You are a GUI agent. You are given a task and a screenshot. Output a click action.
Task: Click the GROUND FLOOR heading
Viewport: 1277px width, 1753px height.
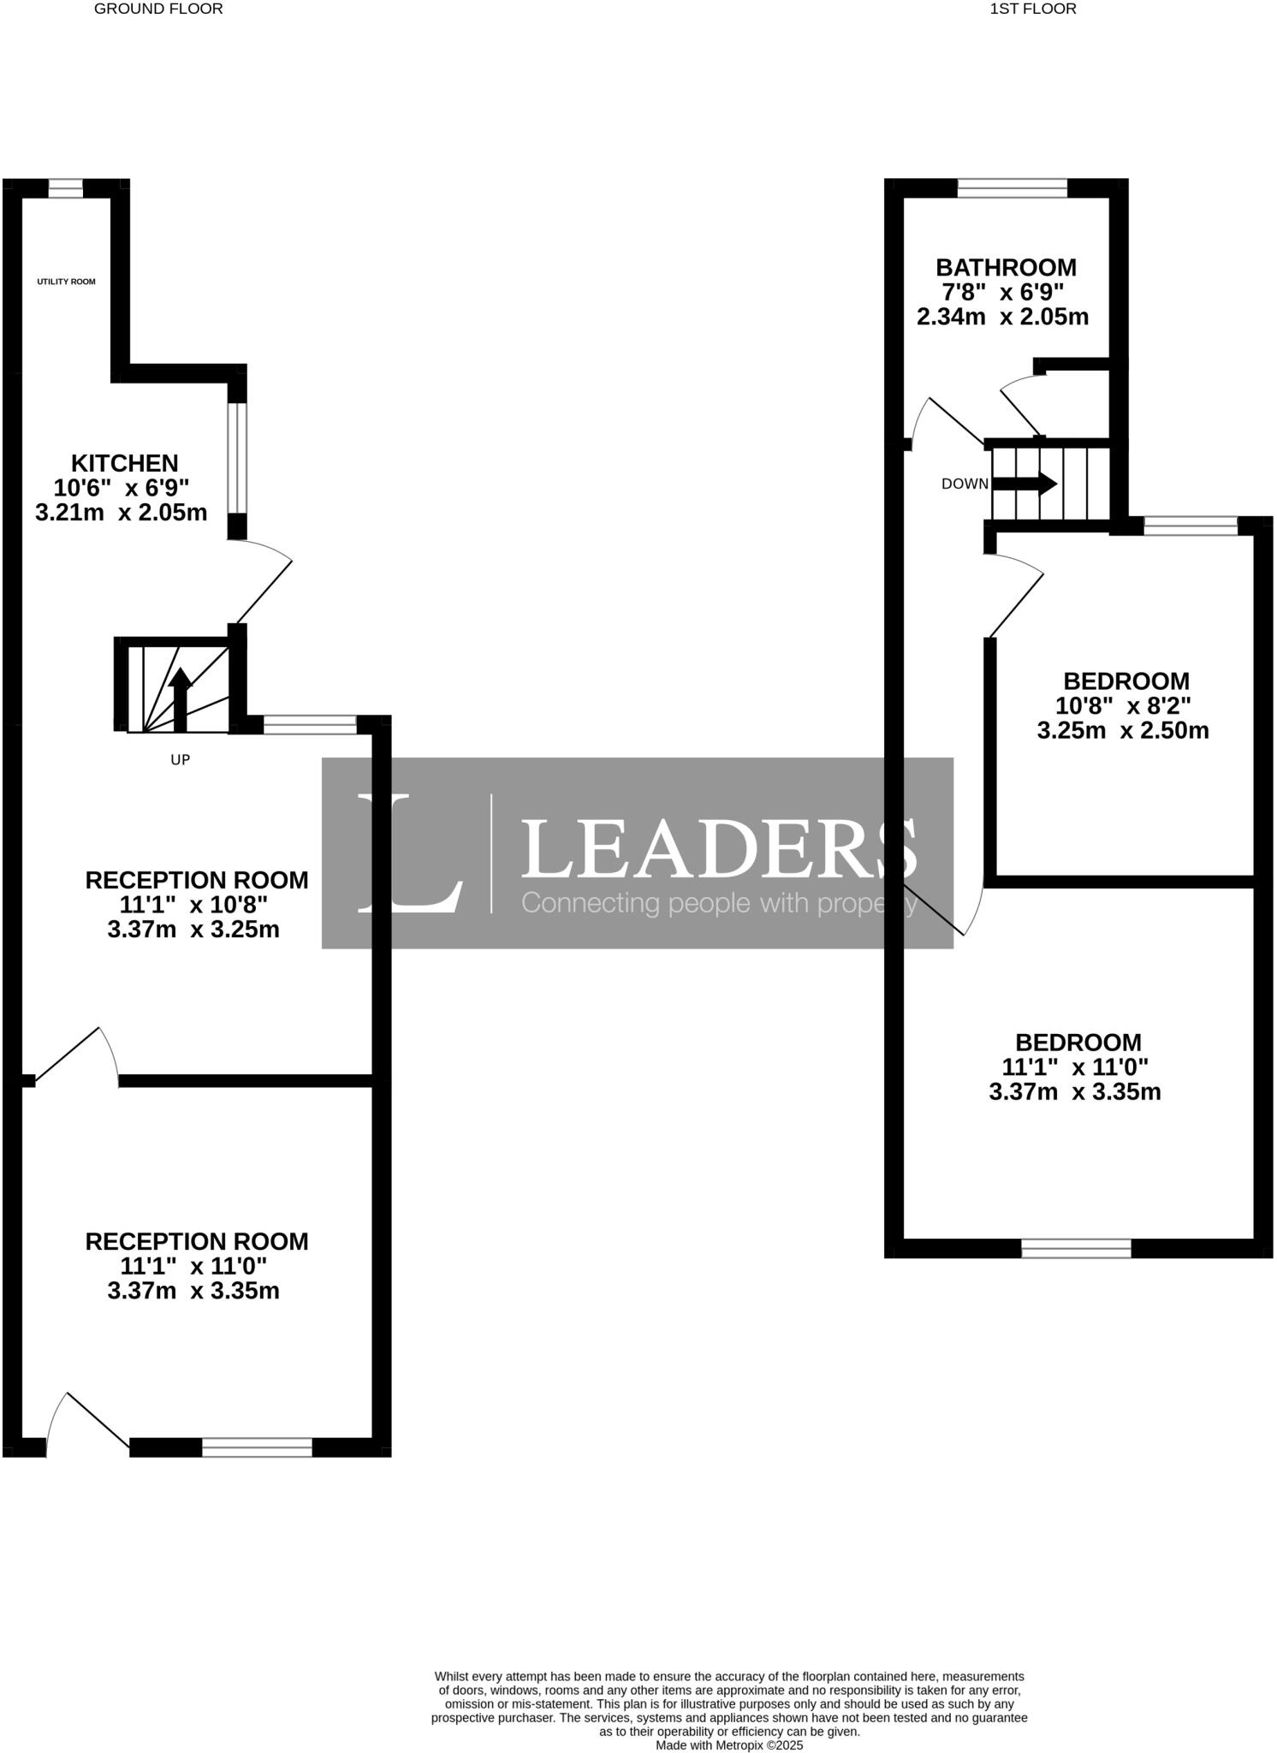[158, 9]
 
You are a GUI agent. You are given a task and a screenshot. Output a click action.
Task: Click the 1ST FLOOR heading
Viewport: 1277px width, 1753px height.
[1033, 9]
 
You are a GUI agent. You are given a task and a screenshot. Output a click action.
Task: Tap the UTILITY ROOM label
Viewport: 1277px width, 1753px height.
[66, 282]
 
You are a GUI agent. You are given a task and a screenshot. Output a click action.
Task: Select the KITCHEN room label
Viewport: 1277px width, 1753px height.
[124, 463]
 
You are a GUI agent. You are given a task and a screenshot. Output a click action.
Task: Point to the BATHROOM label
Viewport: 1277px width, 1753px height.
[1006, 267]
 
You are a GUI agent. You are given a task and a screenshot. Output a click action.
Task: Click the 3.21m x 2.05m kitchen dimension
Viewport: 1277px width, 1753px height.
[122, 513]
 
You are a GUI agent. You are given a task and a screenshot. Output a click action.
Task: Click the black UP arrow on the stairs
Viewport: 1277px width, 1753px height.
[181, 698]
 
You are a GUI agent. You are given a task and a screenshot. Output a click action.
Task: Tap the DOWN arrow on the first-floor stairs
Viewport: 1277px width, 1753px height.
[1025, 484]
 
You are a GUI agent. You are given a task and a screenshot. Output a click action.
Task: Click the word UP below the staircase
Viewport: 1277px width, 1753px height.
[181, 759]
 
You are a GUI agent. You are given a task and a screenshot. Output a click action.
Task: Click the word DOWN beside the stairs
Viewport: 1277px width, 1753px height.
[965, 484]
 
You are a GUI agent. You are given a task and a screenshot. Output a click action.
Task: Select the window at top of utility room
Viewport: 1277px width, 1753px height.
[66, 188]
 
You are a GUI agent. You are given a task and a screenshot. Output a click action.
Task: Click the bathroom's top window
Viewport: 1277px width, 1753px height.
[1013, 187]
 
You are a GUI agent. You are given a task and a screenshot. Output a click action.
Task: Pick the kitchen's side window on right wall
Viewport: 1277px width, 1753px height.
[237, 458]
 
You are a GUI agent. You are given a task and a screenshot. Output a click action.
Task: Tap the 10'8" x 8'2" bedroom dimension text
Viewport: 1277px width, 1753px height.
[1124, 706]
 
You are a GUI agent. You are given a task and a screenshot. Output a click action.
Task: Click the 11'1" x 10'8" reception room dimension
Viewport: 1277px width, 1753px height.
[194, 905]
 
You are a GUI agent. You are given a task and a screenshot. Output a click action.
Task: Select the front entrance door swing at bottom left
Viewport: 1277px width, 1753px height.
[86, 1423]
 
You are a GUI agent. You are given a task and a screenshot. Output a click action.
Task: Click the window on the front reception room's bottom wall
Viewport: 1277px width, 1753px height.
[257, 1447]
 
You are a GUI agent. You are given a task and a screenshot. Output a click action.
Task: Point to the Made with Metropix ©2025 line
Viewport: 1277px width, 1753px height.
[729, 1744]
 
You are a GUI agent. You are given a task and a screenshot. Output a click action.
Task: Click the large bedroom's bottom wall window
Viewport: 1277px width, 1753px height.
[1076, 1248]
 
